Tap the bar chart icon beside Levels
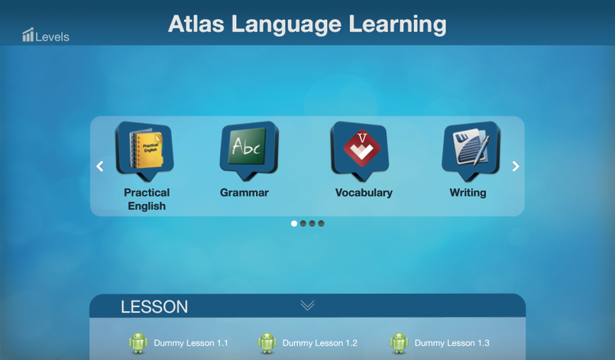pyautogui.click(x=28, y=34)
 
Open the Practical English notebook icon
pyautogui.click(x=144, y=151)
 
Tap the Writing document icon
pyautogui.click(x=471, y=148)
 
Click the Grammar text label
pyautogui.click(x=244, y=193)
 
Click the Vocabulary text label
pyautogui.click(x=364, y=193)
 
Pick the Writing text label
pyautogui.click(x=468, y=193)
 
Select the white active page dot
pyautogui.click(x=294, y=224)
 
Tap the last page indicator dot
pyautogui.click(x=322, y=224)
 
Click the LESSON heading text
pyautogui.click(x=154, y=307)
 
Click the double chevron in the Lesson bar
pyautogui.click(x=307, y=306)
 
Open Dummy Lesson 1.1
pyautogui.click(x=190, y=343)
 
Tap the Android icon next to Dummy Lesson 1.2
pyautogui.click(x=267, y=343)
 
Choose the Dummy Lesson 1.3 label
pyautogui.click(x=452, y=343)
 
